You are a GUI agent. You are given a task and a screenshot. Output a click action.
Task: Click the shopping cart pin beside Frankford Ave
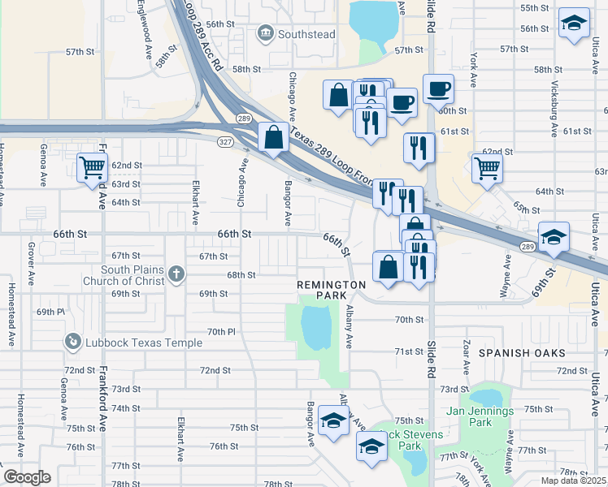tap(93, 168)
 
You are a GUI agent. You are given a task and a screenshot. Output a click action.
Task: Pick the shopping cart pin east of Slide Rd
tap(487, 168)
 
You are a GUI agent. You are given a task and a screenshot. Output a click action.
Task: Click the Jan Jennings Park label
tap(480, 417)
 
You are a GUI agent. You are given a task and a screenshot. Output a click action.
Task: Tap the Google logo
tap(27, 476)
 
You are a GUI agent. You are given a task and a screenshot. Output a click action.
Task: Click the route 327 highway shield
tap(225, 141)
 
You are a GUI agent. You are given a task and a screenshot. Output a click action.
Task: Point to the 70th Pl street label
tap(220, 332)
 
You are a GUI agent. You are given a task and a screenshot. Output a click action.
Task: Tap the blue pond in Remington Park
tap(315, 326)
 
